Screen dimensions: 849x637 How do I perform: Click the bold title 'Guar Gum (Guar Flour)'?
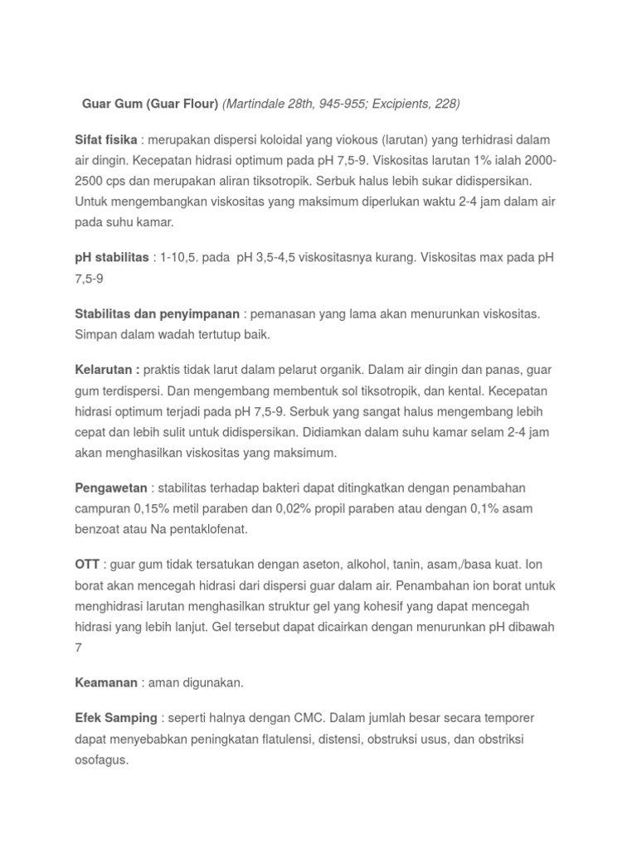[150, 104]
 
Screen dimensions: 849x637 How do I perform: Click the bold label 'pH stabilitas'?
[111, 257]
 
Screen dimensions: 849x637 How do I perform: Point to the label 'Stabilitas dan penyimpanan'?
[158, 314]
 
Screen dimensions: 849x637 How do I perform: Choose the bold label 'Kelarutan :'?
[107, 371]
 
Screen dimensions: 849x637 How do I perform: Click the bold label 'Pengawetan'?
[111, 488]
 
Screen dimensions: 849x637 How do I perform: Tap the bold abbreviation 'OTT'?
[87, 565]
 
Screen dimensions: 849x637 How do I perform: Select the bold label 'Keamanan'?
[105, 682]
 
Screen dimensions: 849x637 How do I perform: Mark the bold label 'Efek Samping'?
[115, 717]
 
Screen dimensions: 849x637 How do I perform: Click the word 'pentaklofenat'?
[208, 528]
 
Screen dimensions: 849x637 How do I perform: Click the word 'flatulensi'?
[276, 738]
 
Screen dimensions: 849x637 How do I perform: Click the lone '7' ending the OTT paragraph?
[79, 647]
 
